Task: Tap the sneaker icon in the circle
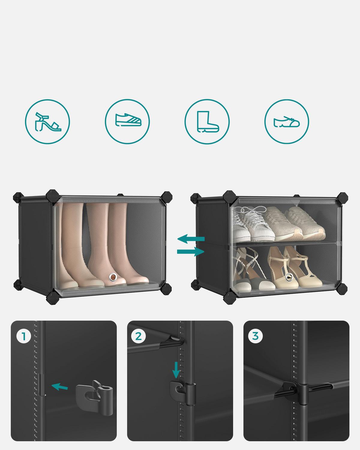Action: tap(128, 120)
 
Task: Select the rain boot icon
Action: tap(208, 122)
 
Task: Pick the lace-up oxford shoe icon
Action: tap(286, 122)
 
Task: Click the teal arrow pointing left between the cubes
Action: tap(191, 239)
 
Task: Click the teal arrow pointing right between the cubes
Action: tap(191, 251)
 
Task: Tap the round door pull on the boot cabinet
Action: tap(113, 277)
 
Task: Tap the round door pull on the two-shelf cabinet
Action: tap(289, 277)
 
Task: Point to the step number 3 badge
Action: tap(255, 336)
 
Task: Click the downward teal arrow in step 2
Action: tap(176, 370)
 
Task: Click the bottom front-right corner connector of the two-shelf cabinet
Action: tap(342, 289)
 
